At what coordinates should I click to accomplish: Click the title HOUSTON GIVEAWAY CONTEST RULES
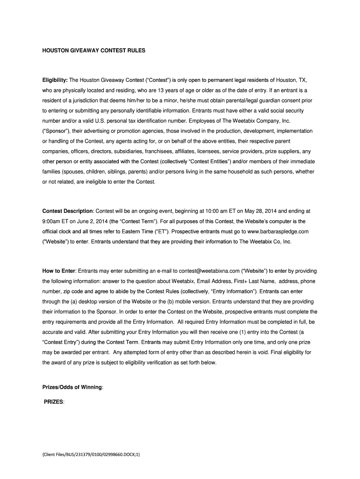coord(94,49)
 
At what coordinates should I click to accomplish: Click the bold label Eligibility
coord(55,80)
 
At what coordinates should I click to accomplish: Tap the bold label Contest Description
coord(68,211)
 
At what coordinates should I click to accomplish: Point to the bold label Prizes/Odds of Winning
coord(72,387)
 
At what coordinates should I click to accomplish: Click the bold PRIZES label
coord(53,402)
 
